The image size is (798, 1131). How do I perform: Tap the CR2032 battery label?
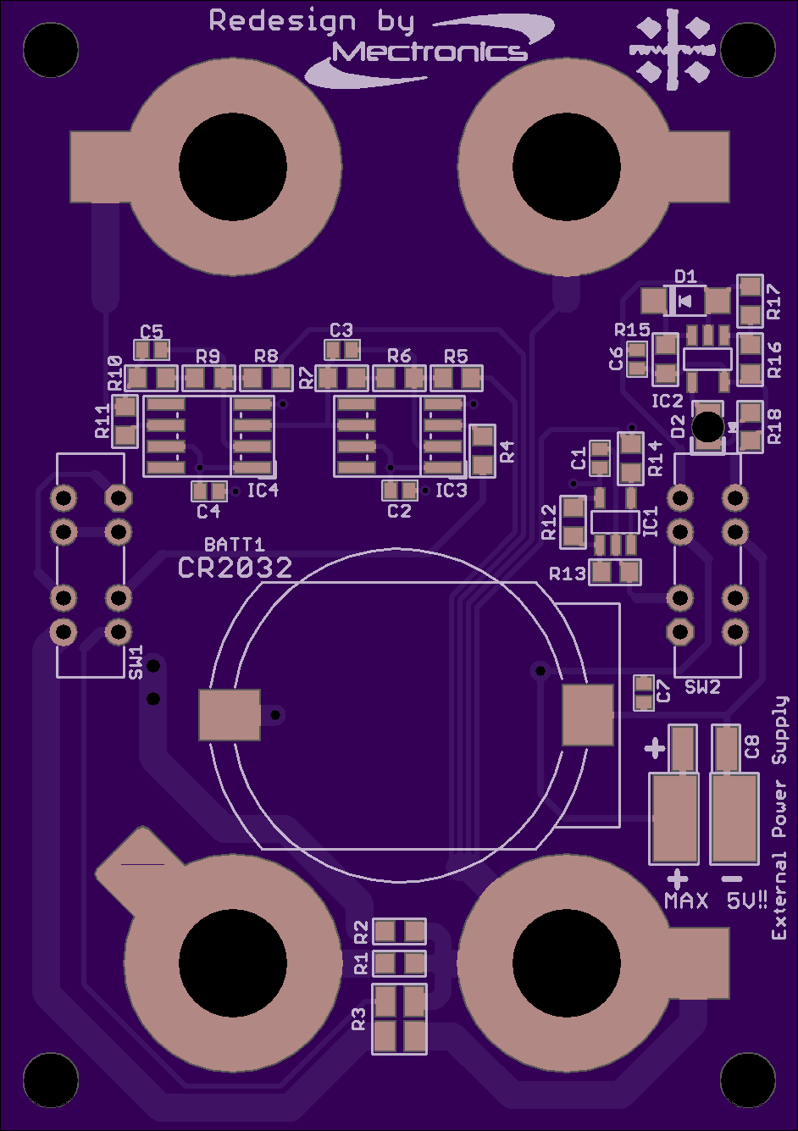[x=236, y=568]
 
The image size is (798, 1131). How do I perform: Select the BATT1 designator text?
[x=234, y=544]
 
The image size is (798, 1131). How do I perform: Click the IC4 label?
[x=263, y=490]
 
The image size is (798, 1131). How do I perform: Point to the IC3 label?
[x=452, y=490]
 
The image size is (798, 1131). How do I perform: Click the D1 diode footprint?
[x=685, y=302]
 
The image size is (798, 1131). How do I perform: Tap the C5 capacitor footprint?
[x=152, y=350]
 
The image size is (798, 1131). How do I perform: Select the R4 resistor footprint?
[x=483, y=451]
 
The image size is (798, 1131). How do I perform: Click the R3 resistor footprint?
[x=399, y=1019]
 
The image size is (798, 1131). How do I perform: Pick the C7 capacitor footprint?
[x=644, y=693]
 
